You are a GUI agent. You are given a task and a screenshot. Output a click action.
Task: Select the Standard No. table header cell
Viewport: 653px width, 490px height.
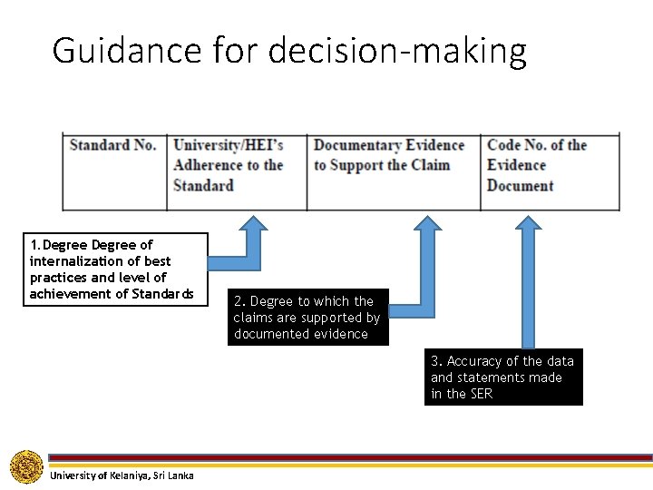112,145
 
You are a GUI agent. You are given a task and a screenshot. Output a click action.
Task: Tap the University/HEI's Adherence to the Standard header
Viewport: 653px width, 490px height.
229,165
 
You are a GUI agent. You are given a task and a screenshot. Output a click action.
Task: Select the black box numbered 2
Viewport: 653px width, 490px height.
307,318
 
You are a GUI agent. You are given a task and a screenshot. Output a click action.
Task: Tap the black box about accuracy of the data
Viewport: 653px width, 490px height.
503,377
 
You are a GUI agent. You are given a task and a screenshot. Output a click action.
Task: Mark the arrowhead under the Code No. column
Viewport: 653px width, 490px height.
528,223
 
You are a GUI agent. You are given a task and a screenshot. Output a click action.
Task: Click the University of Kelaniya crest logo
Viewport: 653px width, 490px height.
26,466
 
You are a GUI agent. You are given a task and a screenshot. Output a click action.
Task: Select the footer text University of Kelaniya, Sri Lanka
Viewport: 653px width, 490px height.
122,475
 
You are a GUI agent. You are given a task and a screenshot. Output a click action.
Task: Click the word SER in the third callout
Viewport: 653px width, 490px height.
481,394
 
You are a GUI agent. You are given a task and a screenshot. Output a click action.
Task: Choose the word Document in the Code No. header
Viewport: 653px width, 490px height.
520,186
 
